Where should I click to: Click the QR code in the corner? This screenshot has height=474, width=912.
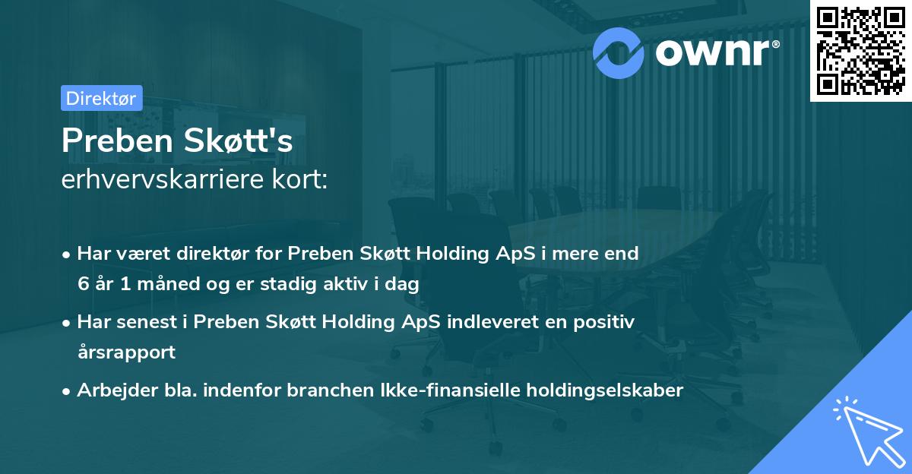pyautogui.click(x=860, y=51)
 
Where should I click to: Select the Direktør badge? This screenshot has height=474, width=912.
pyautogui.click(x=101, y=98)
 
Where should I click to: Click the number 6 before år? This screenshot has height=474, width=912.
pyautogui.click(x=82, y=284)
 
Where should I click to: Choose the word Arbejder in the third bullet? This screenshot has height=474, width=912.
pyautogui.click(x=110, y=390)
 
